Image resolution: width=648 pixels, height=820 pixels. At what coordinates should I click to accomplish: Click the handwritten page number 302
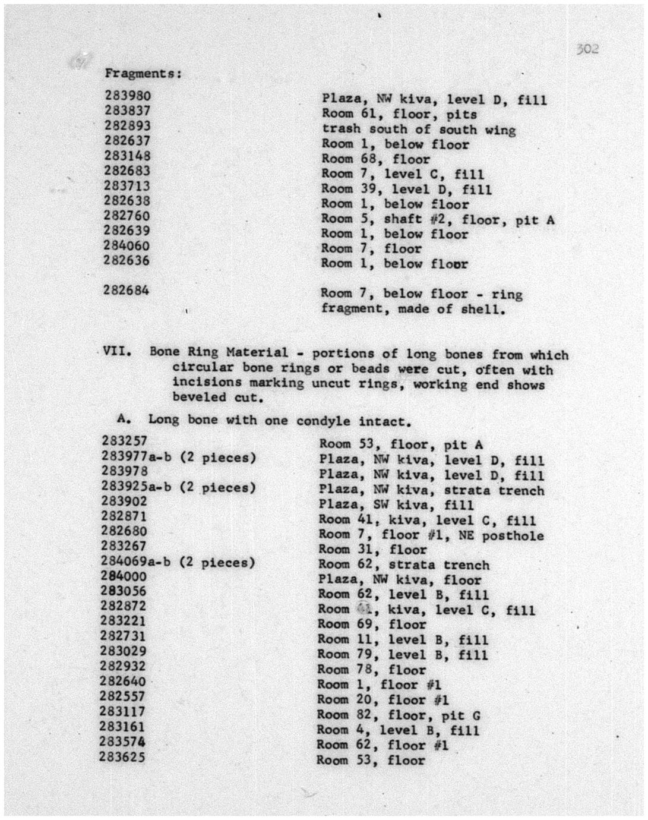pyautogui.click(x=587, y=49)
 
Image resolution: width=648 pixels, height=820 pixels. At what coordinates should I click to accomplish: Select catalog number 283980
pyautogui.click(x=128, y=96)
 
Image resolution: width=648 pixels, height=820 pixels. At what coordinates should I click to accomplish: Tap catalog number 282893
pyautogui.click(x=128, y=126)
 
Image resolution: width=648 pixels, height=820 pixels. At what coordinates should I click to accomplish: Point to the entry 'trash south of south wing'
pyautogui.click(x=418, y=130)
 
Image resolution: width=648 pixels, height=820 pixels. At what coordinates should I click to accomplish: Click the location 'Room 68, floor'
pyautogui.click(x=375, y=159)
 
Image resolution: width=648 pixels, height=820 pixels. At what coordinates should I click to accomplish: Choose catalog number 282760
pyautogui.click(x=127, y=216)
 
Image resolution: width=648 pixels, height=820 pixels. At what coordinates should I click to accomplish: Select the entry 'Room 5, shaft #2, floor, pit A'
pyautogui.click(x=438, y=220)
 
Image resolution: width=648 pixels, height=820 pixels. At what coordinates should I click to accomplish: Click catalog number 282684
pyautogui.click(x=126, y=291)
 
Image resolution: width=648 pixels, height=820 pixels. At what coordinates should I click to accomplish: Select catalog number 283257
pyautogui.click(x=124, y=441)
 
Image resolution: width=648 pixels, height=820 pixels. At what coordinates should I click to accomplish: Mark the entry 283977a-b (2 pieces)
pyautogui.click(x=178, y=458)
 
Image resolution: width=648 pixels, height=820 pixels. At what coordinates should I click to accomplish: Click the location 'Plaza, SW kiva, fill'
pyautogui.click(x=396, y=506)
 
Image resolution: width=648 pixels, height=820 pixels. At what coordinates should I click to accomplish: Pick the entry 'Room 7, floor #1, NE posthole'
pyautogui.click(x=431, y=535)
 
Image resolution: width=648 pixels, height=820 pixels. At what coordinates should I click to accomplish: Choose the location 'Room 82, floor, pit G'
pyautogui.click(x=398, y=715)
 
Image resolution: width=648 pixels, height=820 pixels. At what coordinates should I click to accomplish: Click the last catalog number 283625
pyautogui.click(x=122, y=757)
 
